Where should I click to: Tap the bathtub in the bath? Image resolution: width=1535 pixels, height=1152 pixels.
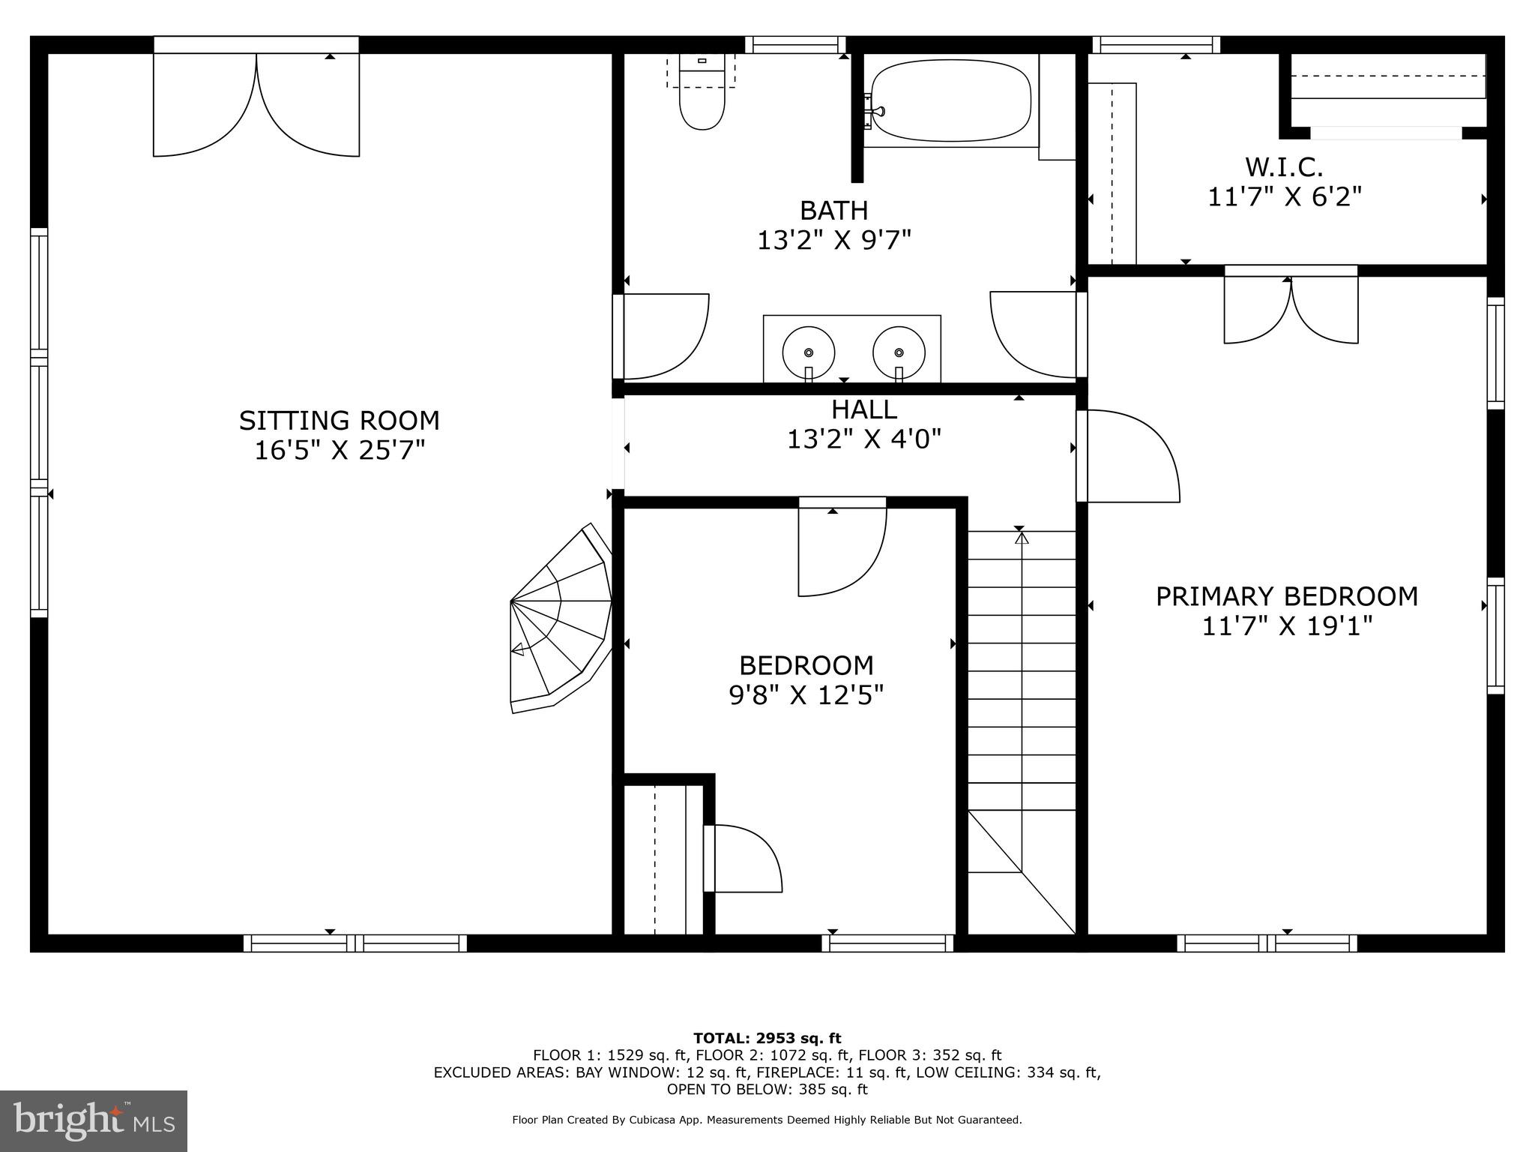tap(950, 101)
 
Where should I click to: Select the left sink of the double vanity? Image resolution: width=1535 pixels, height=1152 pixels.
tap(808, 352)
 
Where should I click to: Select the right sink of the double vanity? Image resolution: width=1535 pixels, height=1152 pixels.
tap(898, 352)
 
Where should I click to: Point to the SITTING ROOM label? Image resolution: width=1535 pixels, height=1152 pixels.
tap(339, 421)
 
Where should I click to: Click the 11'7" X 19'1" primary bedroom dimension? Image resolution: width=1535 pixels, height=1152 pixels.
tap(1287, 626)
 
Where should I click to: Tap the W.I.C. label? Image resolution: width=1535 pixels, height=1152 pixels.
tap(1284, 166)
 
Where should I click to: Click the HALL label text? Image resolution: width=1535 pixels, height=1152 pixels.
tap(863, 409)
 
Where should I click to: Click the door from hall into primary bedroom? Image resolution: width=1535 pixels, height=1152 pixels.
tap(1128, 455)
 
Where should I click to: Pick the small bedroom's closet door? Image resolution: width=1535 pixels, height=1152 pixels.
tap(742, 859)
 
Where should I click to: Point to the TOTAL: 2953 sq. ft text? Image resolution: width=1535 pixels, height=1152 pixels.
tap(767, 1039)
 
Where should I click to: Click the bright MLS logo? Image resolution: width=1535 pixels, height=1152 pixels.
tap(94, 1120)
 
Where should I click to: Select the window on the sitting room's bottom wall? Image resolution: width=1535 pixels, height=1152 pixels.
tap(355, 943)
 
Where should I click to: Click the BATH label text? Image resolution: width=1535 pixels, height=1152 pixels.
tap(833, 211)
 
